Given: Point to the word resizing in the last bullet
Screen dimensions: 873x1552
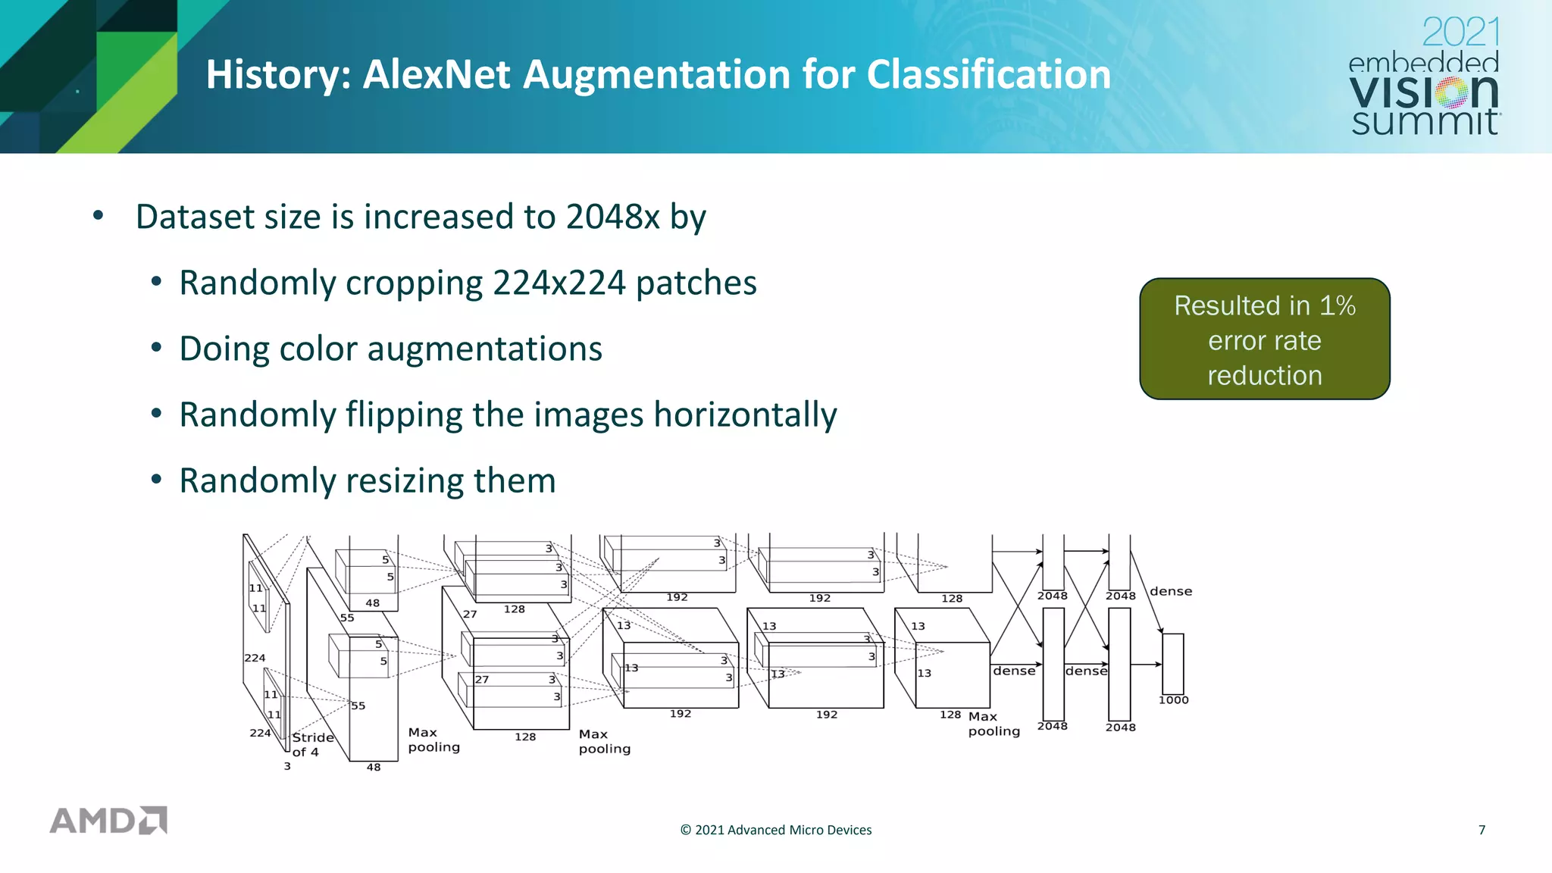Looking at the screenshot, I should [x=399, y=481].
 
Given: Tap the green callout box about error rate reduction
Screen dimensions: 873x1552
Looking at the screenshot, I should [x=1264, y=339].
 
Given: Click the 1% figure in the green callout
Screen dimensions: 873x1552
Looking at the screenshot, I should [x=1337, y=305].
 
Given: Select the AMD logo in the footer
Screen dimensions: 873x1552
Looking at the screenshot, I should [x=108, y=820].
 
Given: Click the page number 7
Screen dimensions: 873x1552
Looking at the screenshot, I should [x=1482, y=830].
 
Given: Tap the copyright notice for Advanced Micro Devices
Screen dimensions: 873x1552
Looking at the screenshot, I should [x=775, y=830].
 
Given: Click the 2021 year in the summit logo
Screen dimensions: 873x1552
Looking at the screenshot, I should [x=1460, y=33].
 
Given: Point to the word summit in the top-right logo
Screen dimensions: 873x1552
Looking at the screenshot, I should [x=1425, y=121].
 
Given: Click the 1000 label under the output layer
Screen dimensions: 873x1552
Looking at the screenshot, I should [x=1173, y=700].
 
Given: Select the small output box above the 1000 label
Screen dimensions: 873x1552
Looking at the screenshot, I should [x=1172, y=664].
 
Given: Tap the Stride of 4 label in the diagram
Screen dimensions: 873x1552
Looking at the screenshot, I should [x=311, y=744].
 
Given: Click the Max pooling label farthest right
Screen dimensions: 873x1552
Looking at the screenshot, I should [x=993, y=724].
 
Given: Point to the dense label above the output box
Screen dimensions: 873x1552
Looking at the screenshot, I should [x=1170, y=591].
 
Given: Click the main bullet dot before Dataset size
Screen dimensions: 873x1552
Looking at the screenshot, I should [x=98, y=217].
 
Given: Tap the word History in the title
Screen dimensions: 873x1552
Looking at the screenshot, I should [x=278, y=75].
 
